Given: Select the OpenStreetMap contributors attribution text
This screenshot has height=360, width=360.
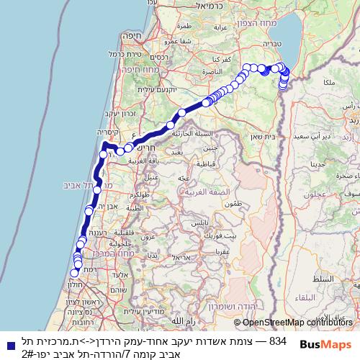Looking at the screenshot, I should (x=295, y=323).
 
